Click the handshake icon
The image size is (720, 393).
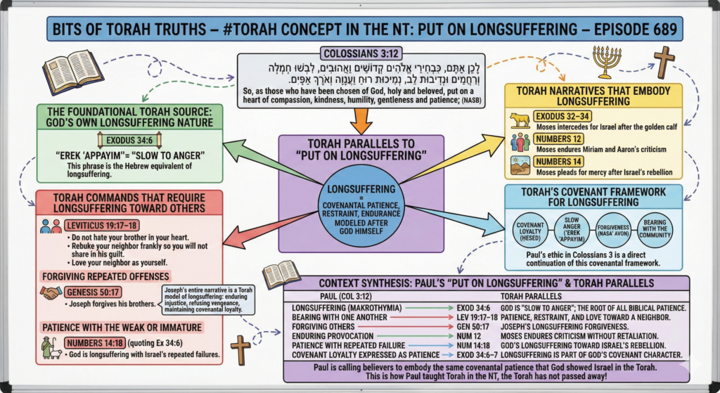click(51, 292)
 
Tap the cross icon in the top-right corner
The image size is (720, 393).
click(664, 62)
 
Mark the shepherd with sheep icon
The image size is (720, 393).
click(51, 343)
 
